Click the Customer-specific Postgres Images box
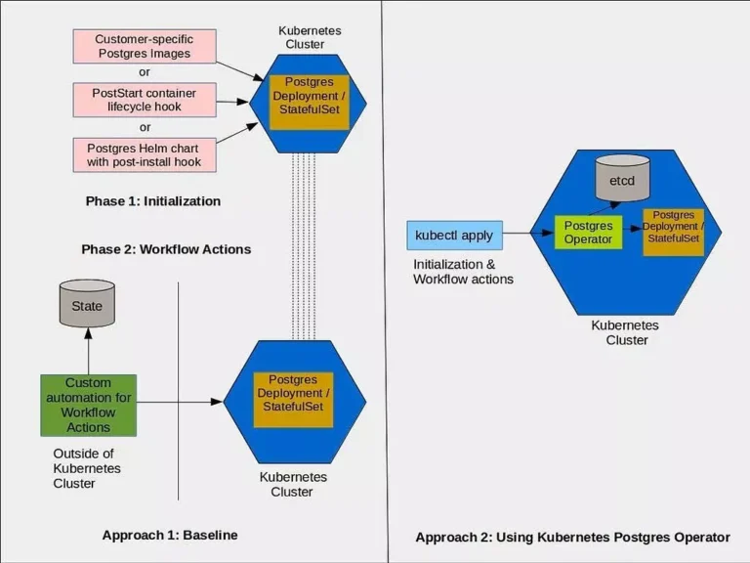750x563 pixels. coord(145,46)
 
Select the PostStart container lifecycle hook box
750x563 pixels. coord(145,100)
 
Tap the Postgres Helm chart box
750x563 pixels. coord(145,154)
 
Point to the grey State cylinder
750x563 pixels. coord(87,304)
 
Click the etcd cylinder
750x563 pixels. coord(622,178)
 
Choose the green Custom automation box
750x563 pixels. coord(89,405)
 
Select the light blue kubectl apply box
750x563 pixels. coord(454,235)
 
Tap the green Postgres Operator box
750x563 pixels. coord(588,233)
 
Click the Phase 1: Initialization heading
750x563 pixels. coord(153,201)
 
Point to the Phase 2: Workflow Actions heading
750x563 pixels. coord(166,249)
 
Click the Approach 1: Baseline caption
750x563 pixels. coord(170,535)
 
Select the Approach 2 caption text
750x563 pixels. coord(572,538)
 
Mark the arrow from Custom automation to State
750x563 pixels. coord(89,352)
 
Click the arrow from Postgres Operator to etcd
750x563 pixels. coord(604,208)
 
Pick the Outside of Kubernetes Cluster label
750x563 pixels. coord(87,468)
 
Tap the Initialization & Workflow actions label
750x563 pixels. coord(463,272)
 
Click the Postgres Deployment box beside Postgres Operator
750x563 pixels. coord(674,233)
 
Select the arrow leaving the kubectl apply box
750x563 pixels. coord(528,234)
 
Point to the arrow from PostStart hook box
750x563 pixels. coord(232,102)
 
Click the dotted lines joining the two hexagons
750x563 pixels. coord(304,246)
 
